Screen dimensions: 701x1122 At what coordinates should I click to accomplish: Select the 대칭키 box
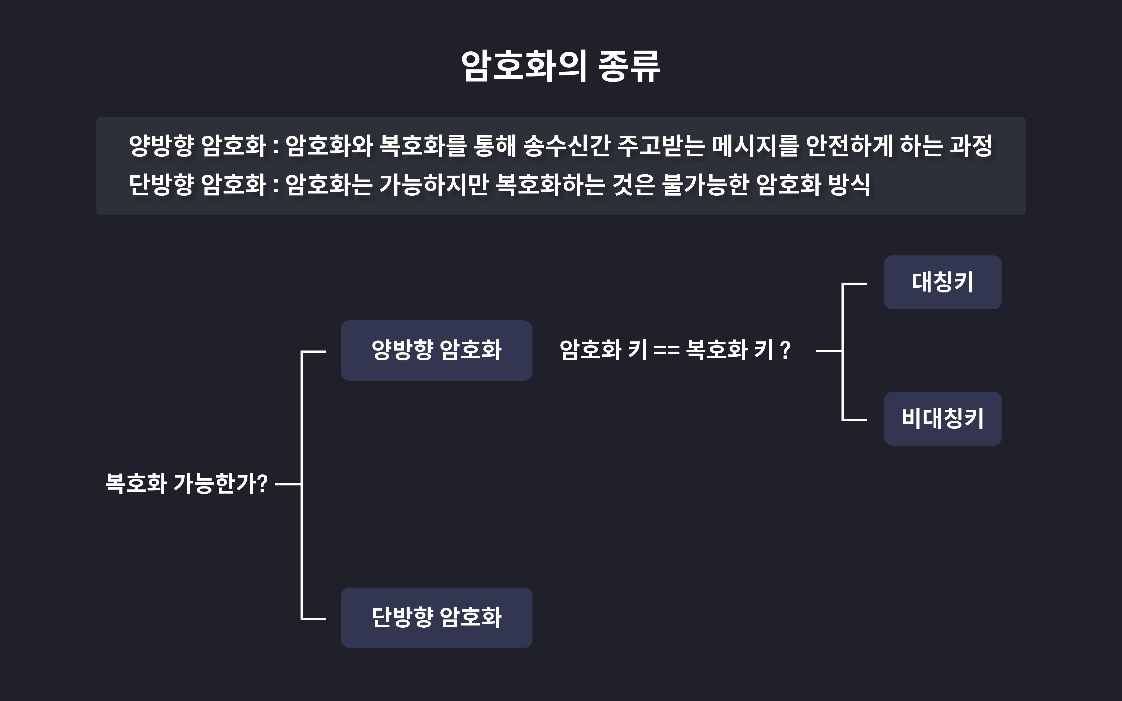[943, 282]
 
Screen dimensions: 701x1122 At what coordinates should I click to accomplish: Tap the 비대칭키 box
[943, 419]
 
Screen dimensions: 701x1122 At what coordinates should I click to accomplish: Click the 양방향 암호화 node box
[436, 350]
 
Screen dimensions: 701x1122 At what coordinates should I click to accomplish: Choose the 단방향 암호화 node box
[436, 618]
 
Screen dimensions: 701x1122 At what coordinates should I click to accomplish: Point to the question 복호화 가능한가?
[186, 483]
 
